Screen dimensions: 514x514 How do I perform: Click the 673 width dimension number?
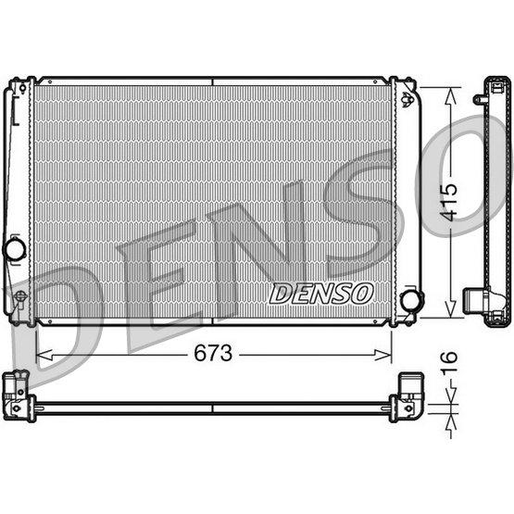213,354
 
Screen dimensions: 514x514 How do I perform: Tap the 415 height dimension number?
448,202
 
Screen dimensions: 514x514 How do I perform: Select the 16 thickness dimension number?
448,362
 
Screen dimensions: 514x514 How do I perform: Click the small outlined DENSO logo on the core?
321,294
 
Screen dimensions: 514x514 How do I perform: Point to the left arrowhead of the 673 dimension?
44,355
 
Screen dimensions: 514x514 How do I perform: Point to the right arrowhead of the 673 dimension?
382,355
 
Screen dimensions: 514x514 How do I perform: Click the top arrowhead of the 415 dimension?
450,95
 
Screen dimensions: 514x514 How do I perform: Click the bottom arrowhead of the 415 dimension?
450,308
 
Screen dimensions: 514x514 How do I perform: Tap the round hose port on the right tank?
411,301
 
